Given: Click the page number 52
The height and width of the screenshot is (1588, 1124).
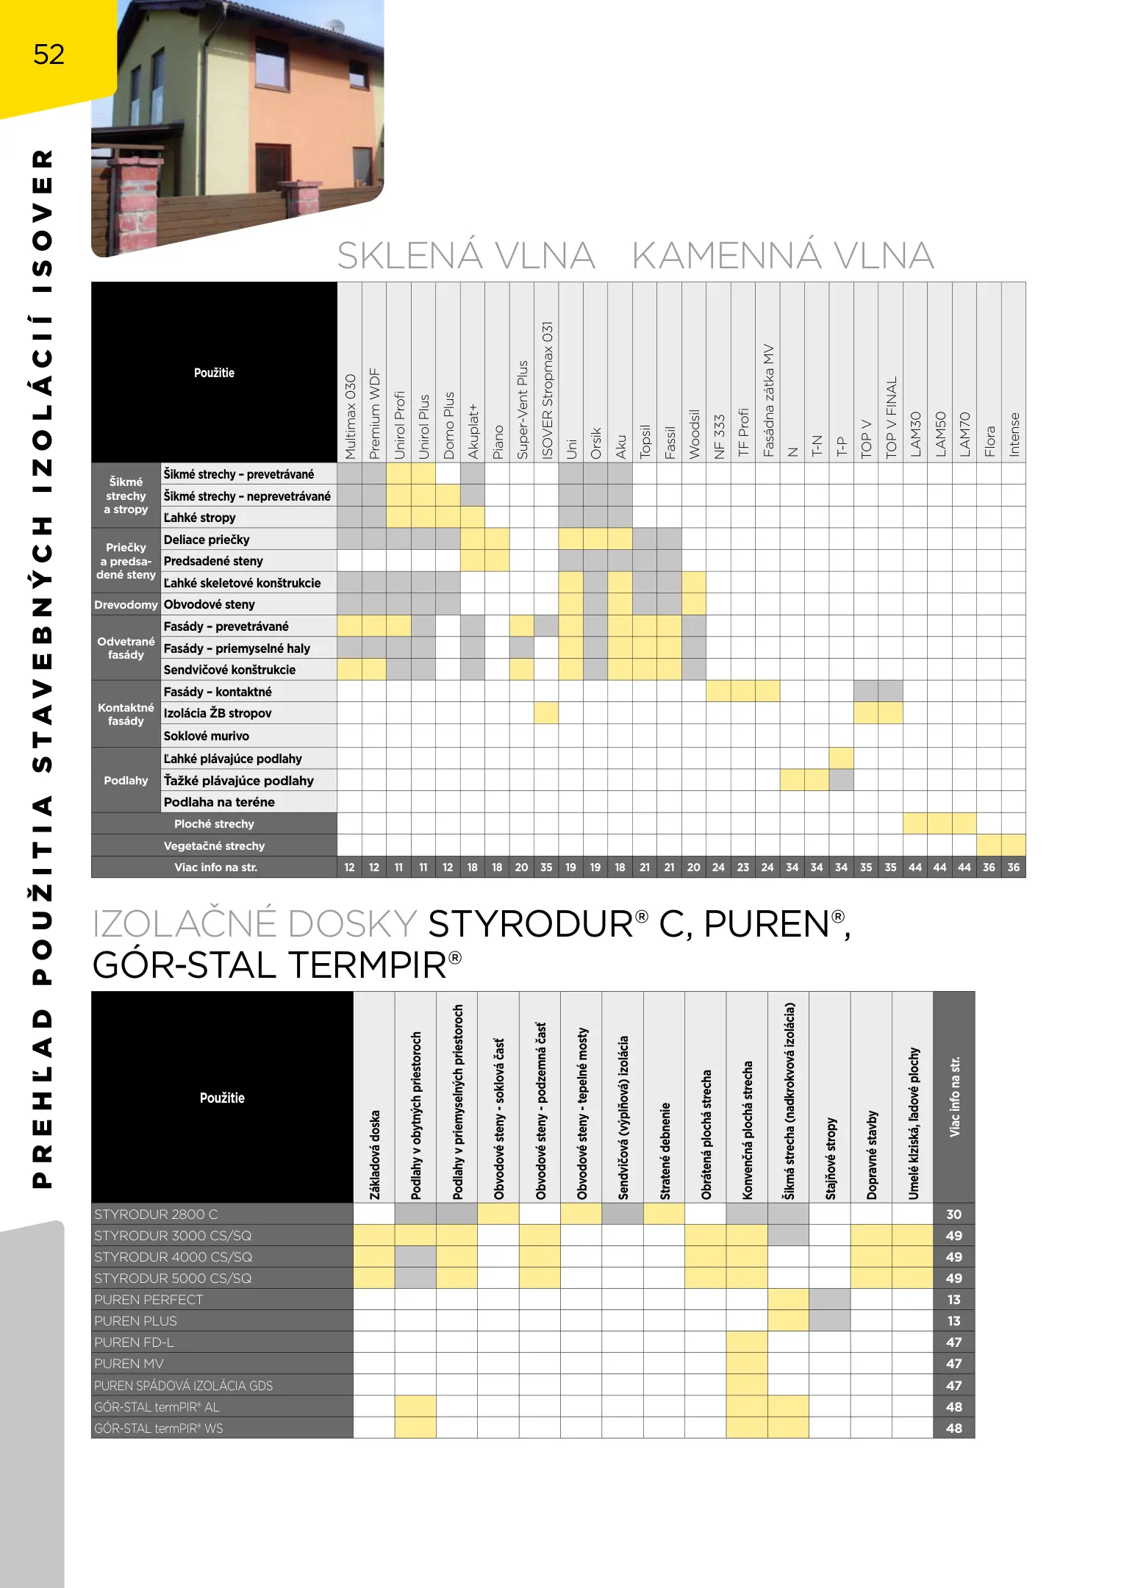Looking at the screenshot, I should [49, 54].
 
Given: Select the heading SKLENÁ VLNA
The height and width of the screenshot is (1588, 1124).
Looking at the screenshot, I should [465, 256].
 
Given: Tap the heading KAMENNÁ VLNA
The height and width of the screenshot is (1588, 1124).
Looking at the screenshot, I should [782, 256].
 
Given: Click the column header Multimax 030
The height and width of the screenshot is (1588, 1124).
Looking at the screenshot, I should [350, 416].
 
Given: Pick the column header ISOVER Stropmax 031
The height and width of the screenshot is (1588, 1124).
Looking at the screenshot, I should [546, 390].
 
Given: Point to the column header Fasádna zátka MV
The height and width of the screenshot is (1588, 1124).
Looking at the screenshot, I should [768, 401].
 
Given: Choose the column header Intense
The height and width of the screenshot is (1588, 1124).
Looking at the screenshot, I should [1014, 434].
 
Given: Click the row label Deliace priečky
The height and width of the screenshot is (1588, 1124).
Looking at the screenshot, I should [207, 540].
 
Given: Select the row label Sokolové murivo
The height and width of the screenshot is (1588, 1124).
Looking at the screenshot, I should [206, 736].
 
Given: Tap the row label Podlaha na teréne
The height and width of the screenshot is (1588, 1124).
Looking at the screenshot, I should [219, 802].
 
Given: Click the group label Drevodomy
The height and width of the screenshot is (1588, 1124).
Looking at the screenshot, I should [126, 604].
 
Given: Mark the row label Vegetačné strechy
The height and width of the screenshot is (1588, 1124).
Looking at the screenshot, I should [214, 845].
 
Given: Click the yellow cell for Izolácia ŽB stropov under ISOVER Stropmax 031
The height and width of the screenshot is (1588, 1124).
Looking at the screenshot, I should [546, 713].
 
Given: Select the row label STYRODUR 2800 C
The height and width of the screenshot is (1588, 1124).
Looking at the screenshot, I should [156, 1215].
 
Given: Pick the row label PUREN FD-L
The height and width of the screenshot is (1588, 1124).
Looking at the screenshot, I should [134, 1342].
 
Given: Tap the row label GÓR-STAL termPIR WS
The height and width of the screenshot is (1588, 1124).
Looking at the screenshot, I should [158, 1428].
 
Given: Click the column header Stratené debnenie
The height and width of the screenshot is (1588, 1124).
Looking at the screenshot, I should [665, 1151].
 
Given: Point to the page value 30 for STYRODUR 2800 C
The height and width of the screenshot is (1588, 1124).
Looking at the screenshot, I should [953, 1215].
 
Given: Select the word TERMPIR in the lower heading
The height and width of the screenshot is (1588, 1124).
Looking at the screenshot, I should [367, 965].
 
